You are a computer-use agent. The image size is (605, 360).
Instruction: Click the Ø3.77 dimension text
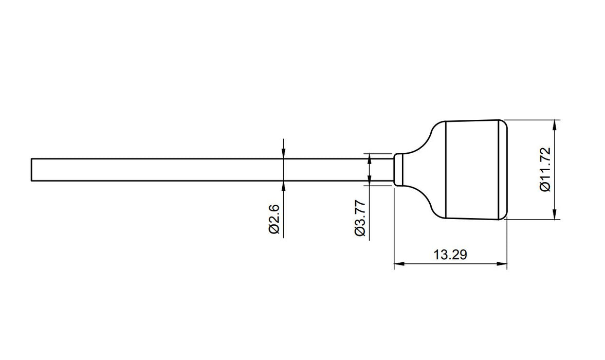tap(360, 218)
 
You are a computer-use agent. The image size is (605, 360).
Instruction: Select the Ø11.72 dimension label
tap(545, 170)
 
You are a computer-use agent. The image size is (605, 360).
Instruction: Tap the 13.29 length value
tap(450, 255)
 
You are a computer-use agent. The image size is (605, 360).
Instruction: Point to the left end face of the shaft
tap(31, 170)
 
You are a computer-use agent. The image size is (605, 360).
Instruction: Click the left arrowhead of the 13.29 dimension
tap(397, 264)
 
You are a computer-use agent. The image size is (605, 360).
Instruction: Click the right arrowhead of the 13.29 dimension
tap(503, 264)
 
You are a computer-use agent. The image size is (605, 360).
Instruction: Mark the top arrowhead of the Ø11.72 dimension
tap(554, 124)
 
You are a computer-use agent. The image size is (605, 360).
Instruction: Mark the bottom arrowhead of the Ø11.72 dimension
tap(554, 215)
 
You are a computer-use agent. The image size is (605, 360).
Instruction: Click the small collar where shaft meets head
tap(398, 170)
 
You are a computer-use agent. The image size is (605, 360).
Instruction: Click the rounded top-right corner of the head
tap(504, 124)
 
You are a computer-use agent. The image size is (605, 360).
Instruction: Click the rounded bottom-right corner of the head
tap(504, 216)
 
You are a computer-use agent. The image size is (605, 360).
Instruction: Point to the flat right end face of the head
tap(507, 170)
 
